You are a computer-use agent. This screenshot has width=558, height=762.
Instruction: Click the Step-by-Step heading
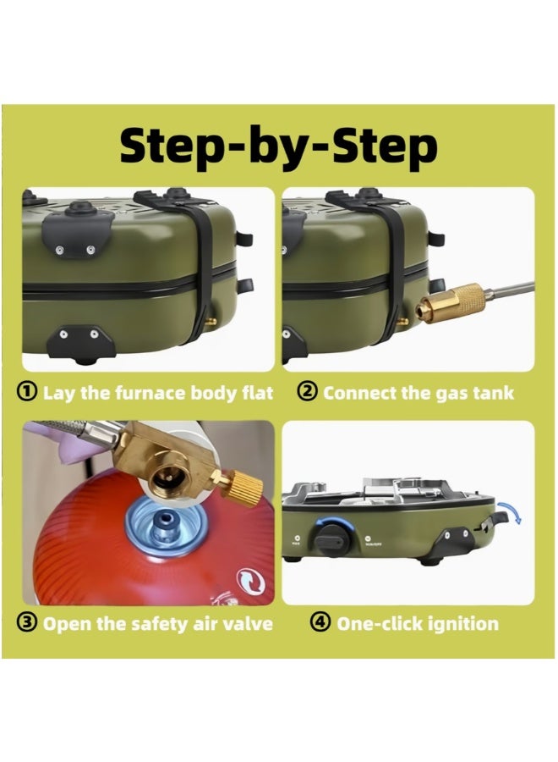click(x=278, y=146)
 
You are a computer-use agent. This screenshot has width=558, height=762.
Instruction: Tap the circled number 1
click(x=27, y=392)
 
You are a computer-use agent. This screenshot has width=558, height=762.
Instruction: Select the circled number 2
click(x=307, y=392)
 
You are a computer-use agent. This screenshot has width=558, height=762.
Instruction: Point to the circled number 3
click(x=27, y=622)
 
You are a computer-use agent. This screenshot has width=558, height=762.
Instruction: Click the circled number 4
click(x=320, y=622)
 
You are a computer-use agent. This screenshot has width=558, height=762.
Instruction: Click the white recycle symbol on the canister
click(x=250, y=581)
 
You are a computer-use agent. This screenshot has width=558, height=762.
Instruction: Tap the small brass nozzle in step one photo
click(x=211, y=321)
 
